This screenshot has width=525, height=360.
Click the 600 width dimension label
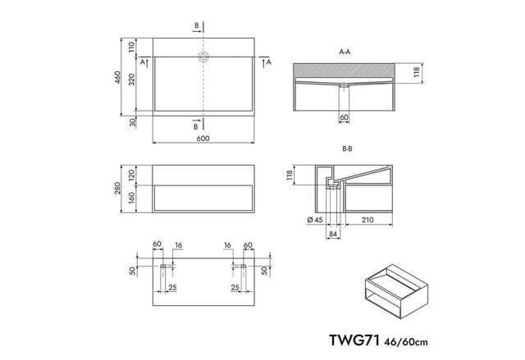203,139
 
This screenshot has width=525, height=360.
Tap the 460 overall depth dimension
117,77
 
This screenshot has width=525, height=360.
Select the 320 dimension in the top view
132,80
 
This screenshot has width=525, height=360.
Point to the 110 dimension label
131,47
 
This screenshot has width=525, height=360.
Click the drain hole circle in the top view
203,57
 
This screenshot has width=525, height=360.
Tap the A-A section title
345,52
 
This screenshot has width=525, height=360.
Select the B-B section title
347,149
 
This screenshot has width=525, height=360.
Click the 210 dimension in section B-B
367,220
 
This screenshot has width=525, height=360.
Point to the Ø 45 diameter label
315,220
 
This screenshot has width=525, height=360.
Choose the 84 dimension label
333,235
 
